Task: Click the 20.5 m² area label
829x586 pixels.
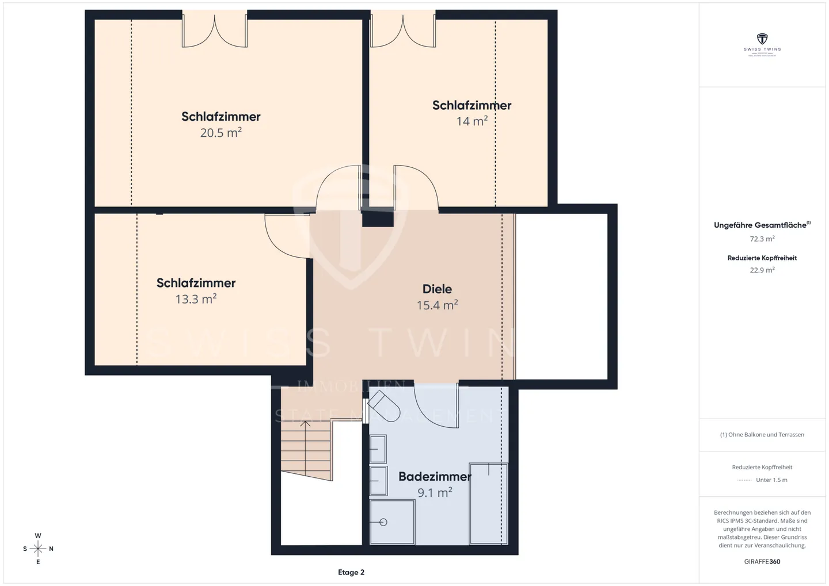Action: click(220, 133)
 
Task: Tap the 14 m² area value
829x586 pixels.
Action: click(471, 121)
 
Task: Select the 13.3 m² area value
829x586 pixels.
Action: click(196, 299)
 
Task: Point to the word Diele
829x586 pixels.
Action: click(437, 289)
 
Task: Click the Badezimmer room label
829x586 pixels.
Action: click(435, 477)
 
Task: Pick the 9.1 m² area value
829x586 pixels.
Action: click(435, 493)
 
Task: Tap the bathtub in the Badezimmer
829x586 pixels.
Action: click(488, 503)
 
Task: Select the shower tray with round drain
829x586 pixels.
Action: click(392, 522)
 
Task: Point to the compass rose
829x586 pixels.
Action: click(38, 549)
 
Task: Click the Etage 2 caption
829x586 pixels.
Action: click(351, 572)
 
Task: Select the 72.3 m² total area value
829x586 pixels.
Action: click(762, 239)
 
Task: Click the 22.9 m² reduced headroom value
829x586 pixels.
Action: click(762, 270)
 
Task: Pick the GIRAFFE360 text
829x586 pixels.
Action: click(762, 561)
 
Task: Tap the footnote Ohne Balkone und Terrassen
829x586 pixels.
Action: click(762, 435)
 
